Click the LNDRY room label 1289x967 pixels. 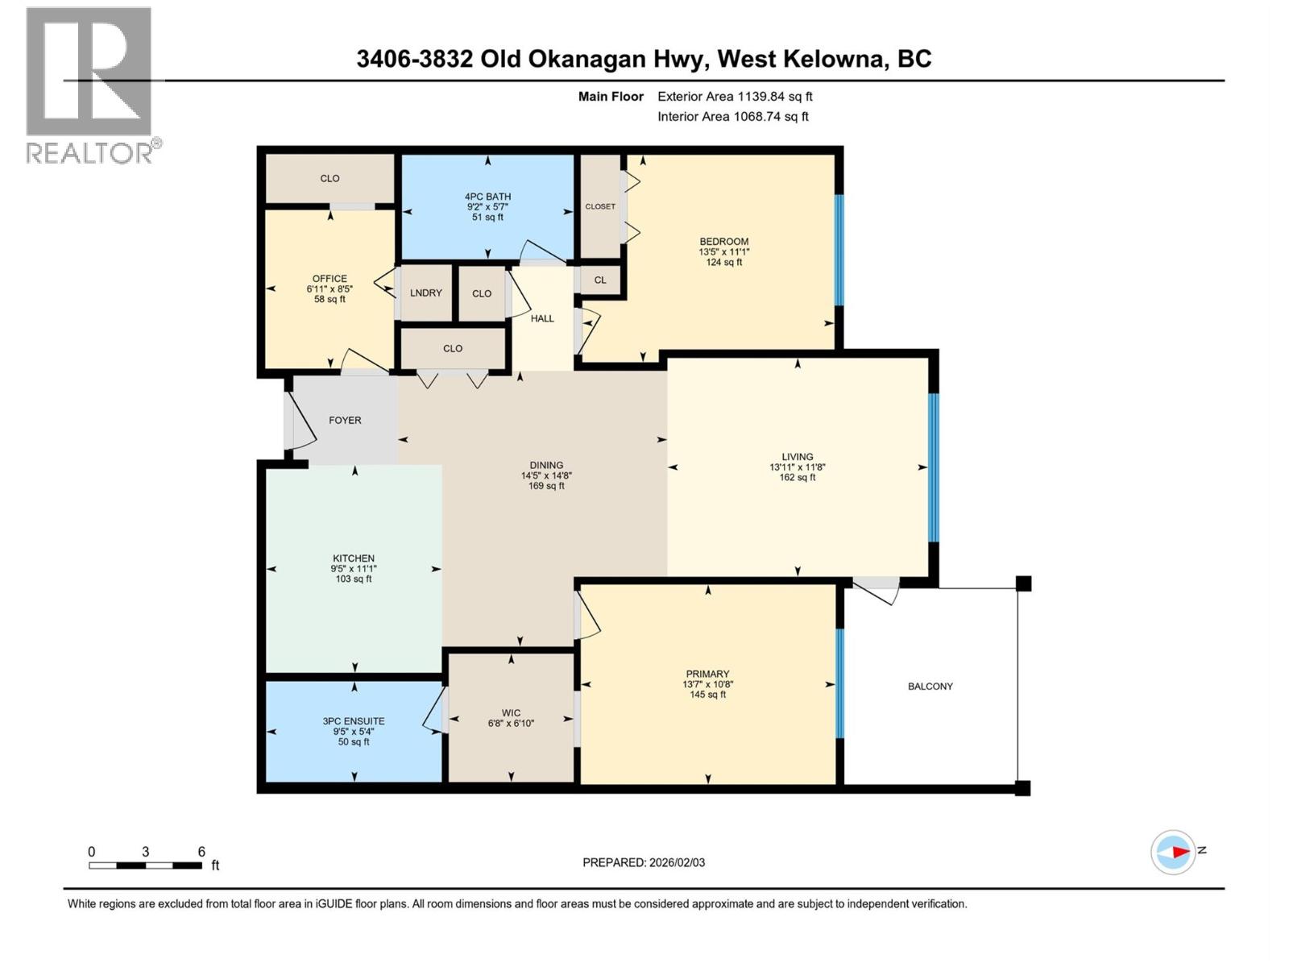[425, 293]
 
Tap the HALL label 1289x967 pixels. [542, 318]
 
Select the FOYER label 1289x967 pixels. [345, 420]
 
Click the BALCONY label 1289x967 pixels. [930, 687]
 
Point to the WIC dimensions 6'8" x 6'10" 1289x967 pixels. [511, 724]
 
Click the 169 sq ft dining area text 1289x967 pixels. [546, 486]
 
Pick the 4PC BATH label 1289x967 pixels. [487, 197]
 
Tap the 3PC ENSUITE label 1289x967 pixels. [354, 721]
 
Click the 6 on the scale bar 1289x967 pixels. [201, 852]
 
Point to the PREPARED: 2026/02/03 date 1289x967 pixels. [644, 862]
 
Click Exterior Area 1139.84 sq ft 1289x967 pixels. [735, 97]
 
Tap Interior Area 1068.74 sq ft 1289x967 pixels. [732, 117]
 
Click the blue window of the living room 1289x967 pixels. [933, 467]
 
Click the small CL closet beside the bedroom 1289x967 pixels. [600, 280]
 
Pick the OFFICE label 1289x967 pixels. [330, 279]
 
